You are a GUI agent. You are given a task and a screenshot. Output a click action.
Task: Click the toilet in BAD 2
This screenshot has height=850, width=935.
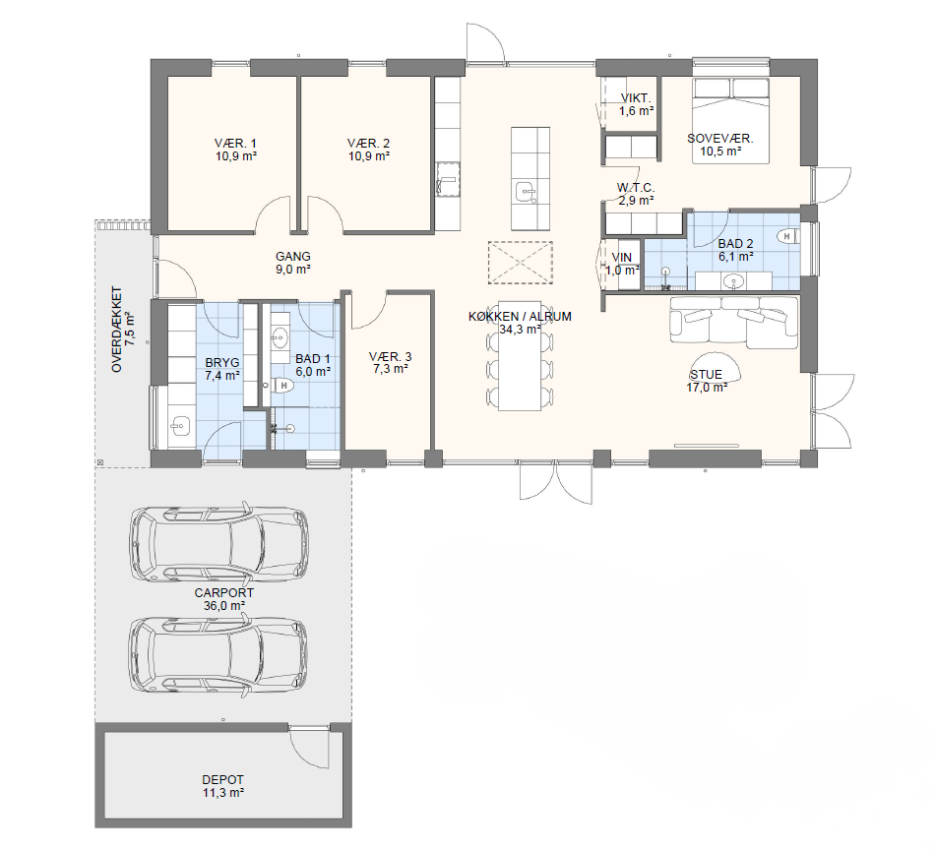pyautogui.click(x=789, y=236)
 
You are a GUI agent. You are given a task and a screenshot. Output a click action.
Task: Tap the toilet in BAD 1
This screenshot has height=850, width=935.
pyautogui.click(x=282, y=386)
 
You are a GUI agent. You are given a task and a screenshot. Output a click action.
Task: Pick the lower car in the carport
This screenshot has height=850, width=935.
pyautogui.click(x=218, y=654)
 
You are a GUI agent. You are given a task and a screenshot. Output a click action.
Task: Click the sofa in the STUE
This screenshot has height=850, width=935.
pyautogui.click(x=734, y=322)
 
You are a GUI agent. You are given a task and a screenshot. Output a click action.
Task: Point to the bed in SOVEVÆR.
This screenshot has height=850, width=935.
pyautogui.click(x=730, y=120)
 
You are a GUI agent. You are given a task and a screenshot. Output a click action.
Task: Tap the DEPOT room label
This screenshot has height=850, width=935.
pyautogui.click(x=223, y=780)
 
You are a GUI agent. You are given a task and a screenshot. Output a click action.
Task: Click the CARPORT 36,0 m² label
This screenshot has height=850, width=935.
pyautogui.click(x=224, y=599)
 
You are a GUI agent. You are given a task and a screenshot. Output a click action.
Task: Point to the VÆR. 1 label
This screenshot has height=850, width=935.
pyautogui.click(x=235, y=143)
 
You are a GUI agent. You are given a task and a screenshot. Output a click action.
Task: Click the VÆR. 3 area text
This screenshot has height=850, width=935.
pyautogui.click(x=391, y=370)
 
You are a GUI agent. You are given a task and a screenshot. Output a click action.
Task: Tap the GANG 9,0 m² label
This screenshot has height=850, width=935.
pyautogui.click(x=292, y=263)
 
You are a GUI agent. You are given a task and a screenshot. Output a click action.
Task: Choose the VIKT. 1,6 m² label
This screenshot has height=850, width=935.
pyautogui.click(x=636, y=104)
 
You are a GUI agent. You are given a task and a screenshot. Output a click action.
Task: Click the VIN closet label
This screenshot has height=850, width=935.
pyautogui.click(x=622, y=258)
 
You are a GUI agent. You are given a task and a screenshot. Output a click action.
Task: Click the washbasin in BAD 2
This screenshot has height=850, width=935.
pyautogui.click(x=732, y=280)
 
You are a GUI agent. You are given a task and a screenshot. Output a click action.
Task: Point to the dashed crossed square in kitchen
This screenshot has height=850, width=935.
pyautogui.click(x=521, y=263)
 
